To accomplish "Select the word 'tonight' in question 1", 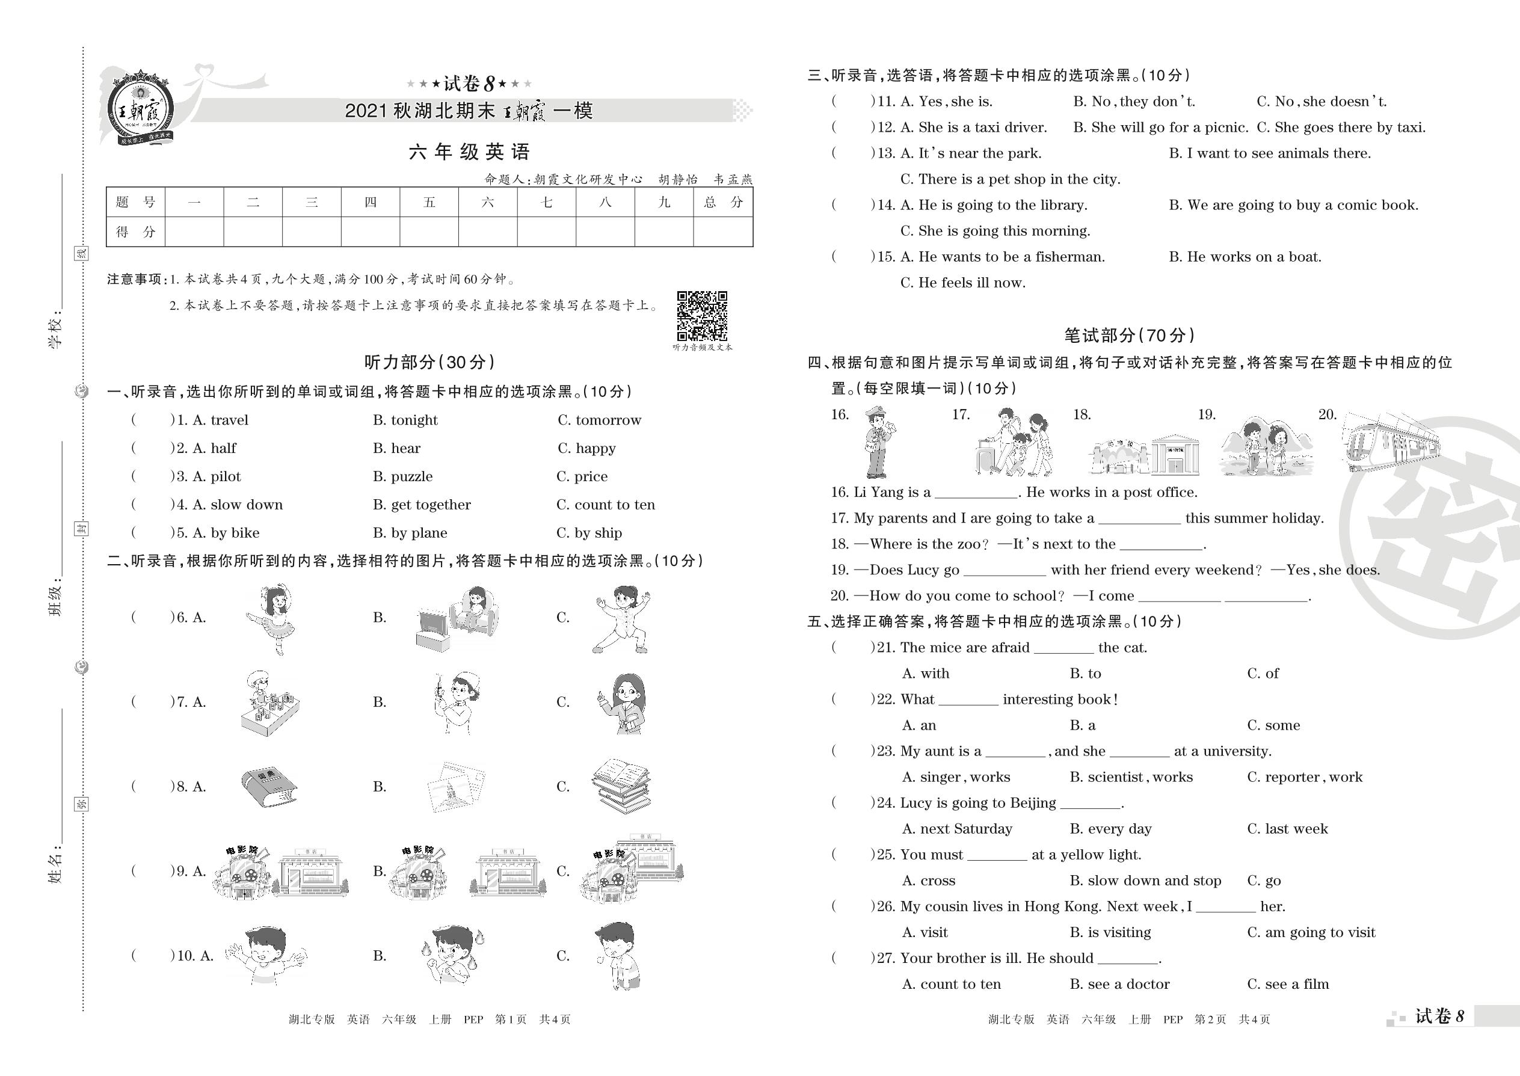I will click(405, 420).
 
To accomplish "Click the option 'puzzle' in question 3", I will click(402, 476).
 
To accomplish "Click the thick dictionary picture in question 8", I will click(268, 787).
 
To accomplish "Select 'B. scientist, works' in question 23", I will click(1130, 777).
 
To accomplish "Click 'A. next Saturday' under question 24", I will click(956, 829).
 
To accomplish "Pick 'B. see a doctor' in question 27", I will click(1119, 985).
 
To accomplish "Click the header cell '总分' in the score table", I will click(723, 203).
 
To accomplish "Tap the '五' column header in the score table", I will click(429, 203).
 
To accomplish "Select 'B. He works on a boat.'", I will click(1245, 257).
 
